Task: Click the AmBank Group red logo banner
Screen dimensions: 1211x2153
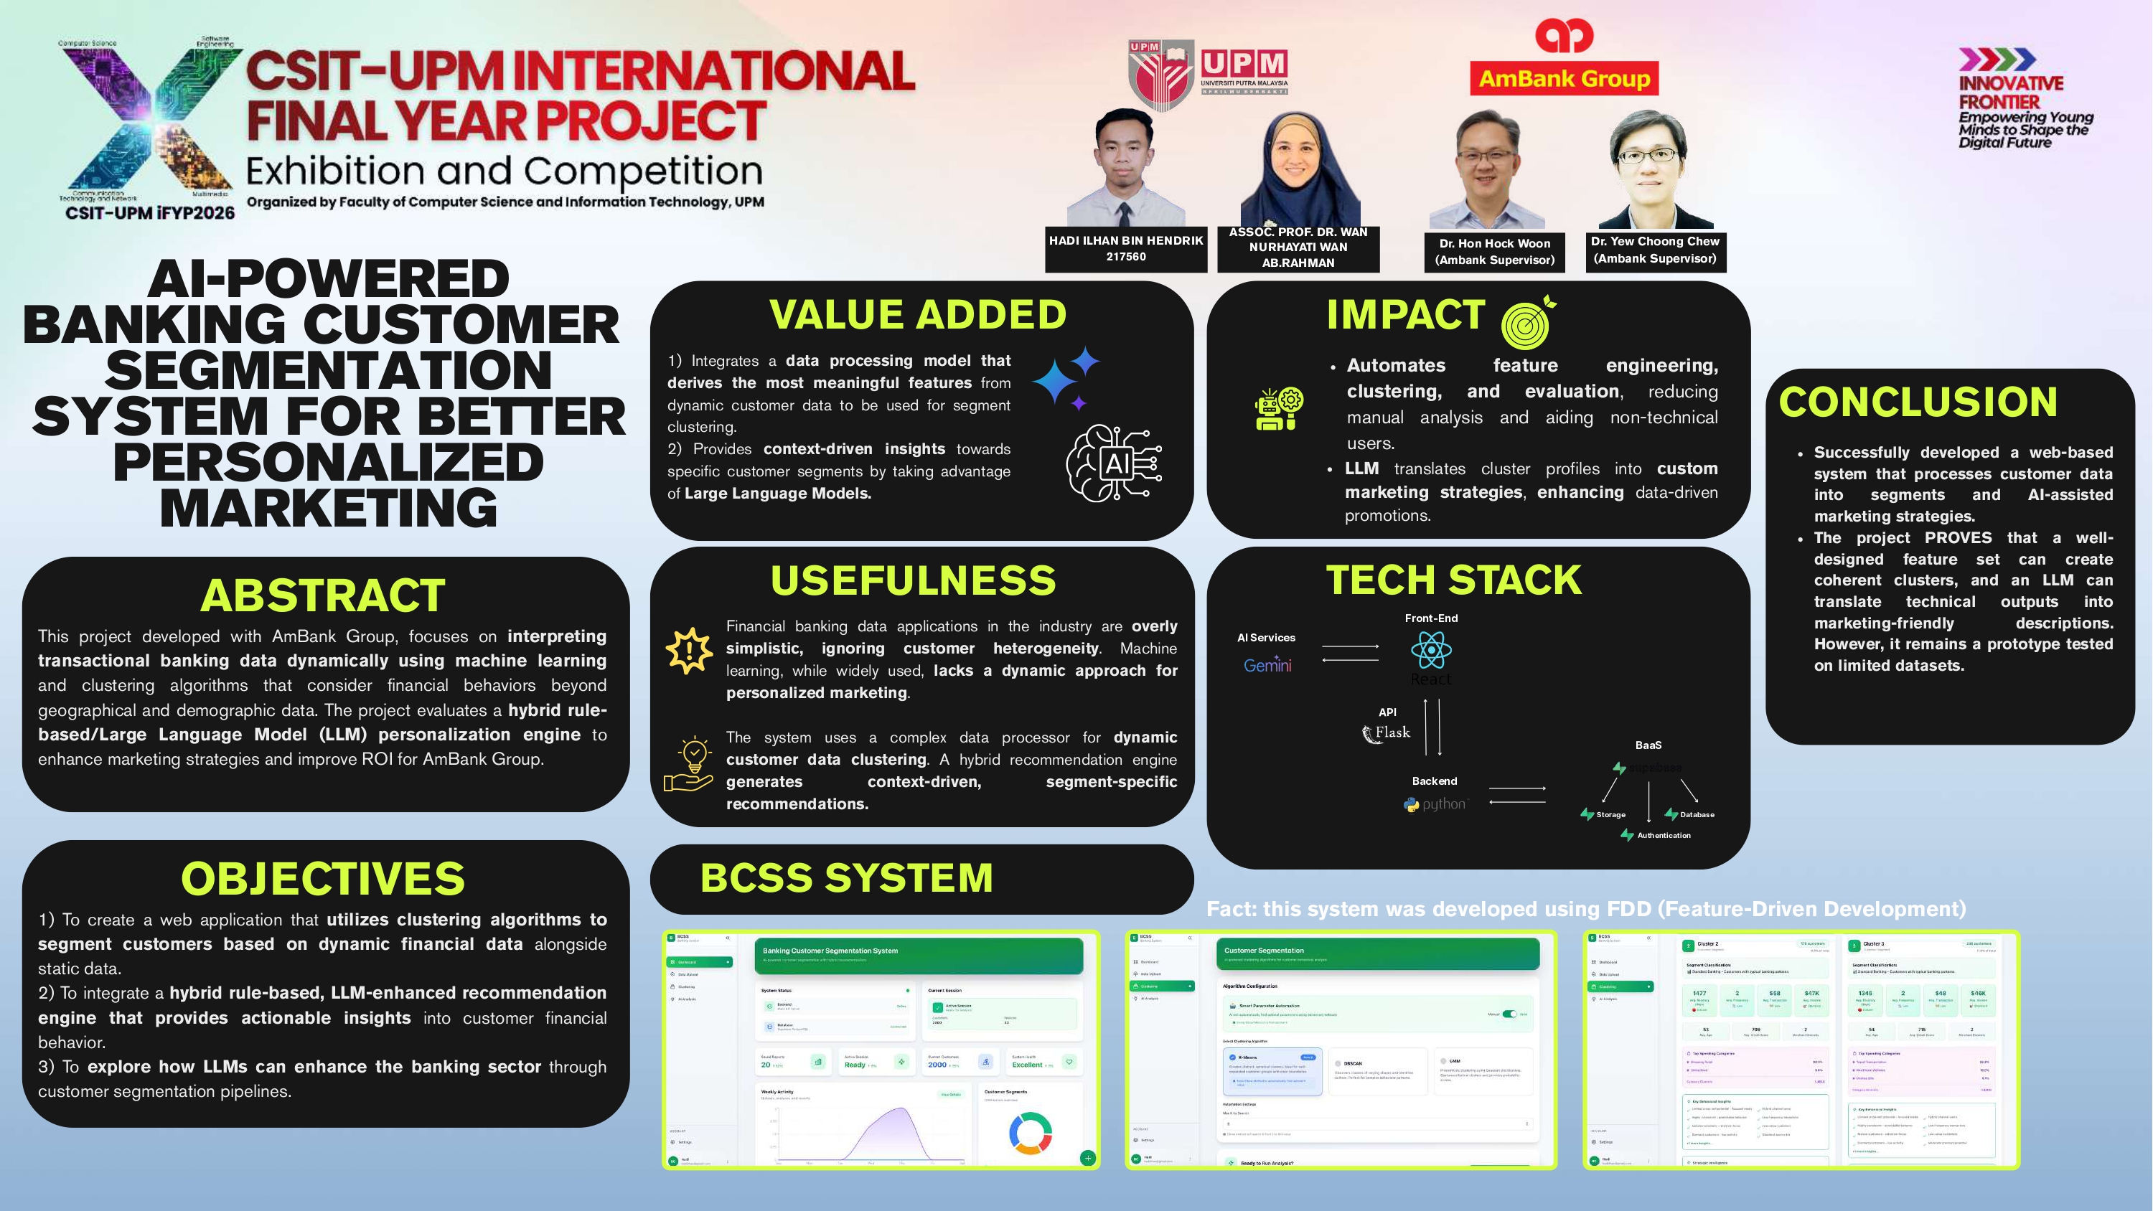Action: tap(1564, 79)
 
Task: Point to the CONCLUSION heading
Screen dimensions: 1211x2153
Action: tap(1918, 402)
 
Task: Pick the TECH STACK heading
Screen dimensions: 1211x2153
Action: tap(1453, 580)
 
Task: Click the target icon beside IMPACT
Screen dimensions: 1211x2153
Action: tap(1529, 323)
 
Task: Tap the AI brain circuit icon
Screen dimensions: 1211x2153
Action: tap(1114, 463)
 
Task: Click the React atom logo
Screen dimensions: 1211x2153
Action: tap(1431, 649)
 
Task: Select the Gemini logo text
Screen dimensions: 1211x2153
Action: tap(1267, 665)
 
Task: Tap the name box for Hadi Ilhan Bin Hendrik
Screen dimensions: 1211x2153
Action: tap(1126, 248)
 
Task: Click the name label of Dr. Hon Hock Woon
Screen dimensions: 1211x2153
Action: tap(1494, 252)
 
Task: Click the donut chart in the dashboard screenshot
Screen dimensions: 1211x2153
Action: tap(1031, 1132)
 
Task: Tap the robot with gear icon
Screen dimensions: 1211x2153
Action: tap(1278, 409)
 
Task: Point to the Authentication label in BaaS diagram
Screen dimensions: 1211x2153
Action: tap(1664, 835)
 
